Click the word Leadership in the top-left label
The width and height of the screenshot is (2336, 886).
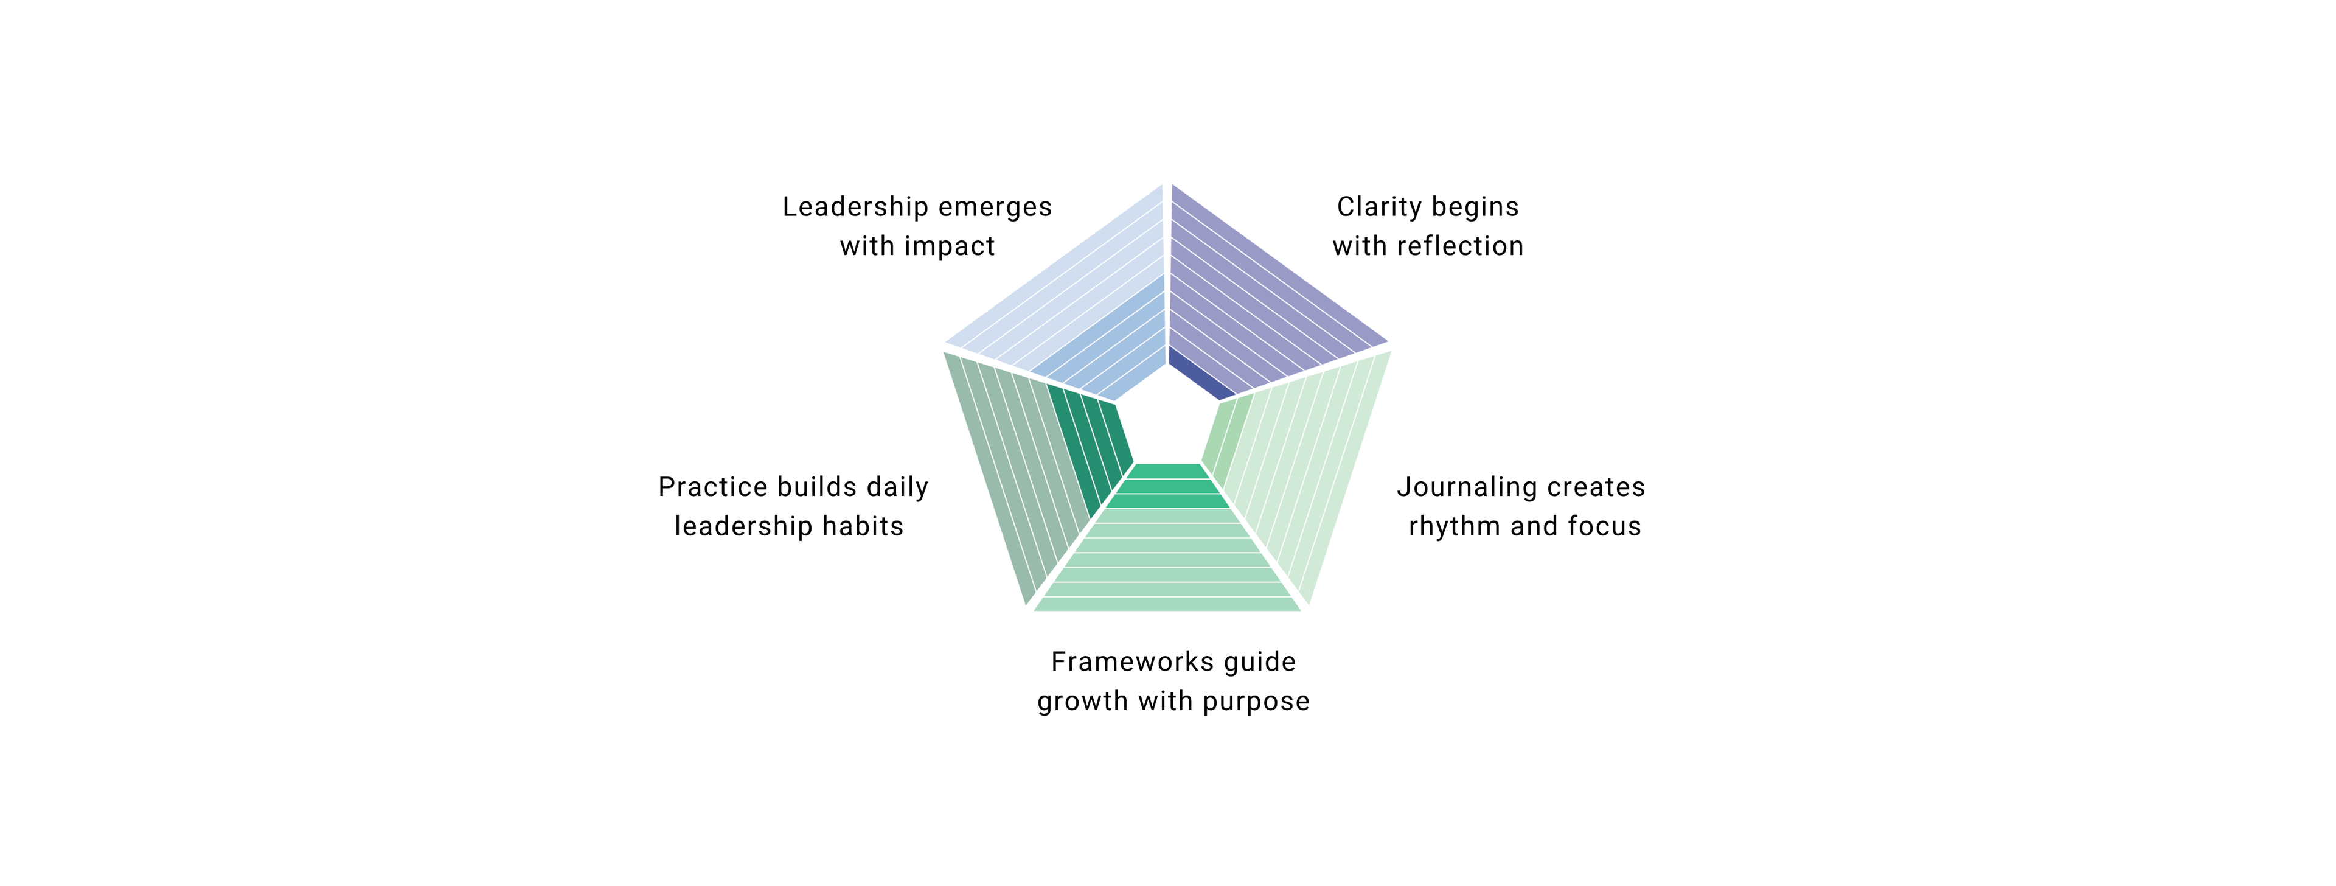tap(855, 208)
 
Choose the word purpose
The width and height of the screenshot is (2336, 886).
tap(1256, 702)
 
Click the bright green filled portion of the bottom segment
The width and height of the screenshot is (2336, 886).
tap(1168, 486)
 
